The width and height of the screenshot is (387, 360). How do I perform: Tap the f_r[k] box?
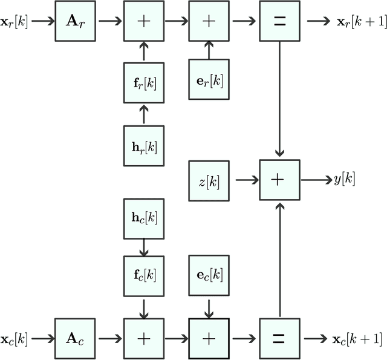tap(143, 81)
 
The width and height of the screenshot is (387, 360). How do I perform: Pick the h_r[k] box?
tap(143, 146)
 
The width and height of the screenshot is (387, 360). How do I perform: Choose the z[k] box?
tap(209, 180)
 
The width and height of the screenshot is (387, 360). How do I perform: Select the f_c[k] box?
tap(143, 275)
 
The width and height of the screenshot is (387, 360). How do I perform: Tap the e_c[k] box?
tap(209, 275)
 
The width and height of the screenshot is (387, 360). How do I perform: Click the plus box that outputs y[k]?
tap(280, 180)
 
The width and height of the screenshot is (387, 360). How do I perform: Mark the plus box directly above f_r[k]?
tap(143, 21)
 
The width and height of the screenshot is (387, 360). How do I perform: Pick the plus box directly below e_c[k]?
tap(209, 339)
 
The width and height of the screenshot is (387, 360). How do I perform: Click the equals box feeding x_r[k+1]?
tap(280, 21)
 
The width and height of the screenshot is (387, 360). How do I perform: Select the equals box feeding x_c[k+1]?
tap(280, 339)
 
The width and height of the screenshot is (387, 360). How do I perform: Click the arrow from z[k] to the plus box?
tap(246, 180)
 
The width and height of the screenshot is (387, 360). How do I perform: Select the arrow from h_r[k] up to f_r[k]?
tap(143, 113)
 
